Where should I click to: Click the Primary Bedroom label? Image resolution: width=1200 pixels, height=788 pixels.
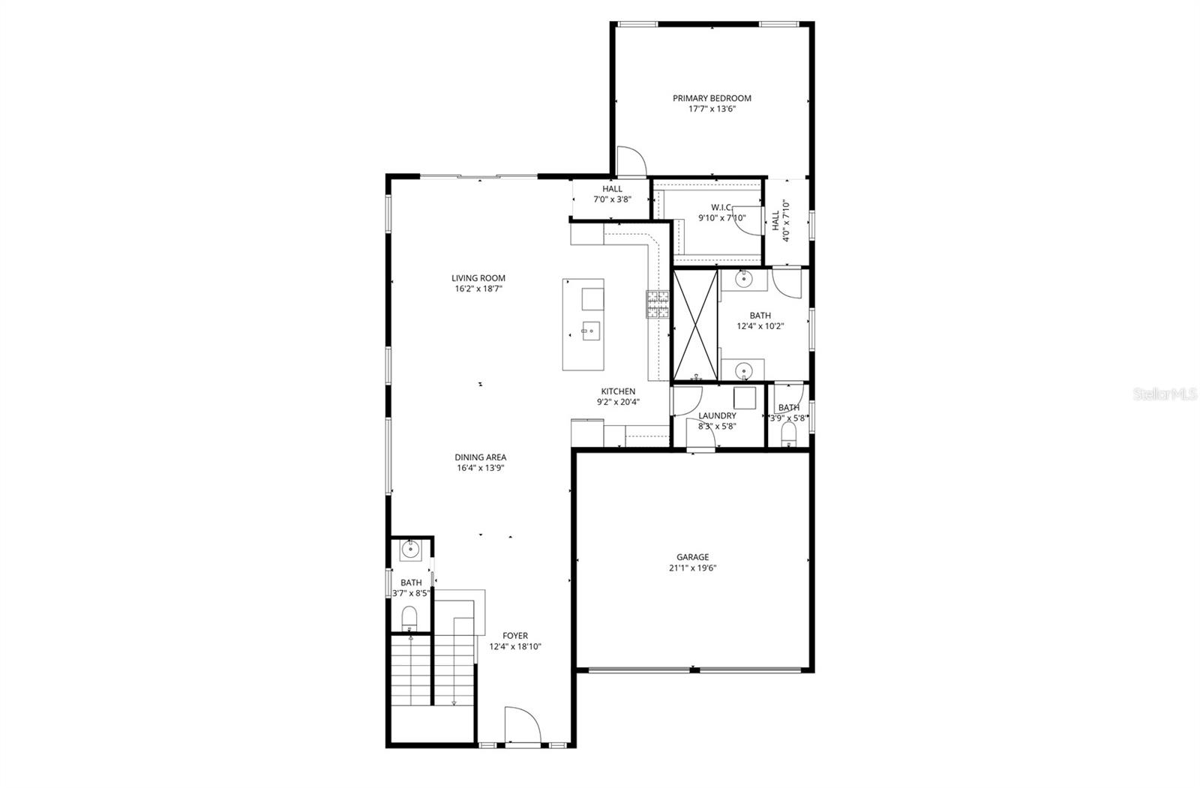[x=711, y=98]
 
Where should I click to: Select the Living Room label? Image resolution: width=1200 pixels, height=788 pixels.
[x=478, y=278]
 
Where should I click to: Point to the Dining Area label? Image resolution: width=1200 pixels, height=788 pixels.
[x=480, y=457]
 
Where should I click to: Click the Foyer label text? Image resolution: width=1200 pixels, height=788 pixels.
[x=514, y=636]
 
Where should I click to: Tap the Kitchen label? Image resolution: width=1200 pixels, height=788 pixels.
[x=617, y=391]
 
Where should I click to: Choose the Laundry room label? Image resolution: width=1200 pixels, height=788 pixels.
[x=716, y=416]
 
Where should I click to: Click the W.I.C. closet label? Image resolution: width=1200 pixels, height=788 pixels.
[x=721, y=208]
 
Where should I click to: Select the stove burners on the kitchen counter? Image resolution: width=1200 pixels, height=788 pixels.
[x=658, y=305]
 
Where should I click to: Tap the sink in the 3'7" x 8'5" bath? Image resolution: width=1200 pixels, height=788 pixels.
[x=409, y=550]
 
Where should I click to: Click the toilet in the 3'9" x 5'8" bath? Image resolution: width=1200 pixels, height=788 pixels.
[x=788, y=435]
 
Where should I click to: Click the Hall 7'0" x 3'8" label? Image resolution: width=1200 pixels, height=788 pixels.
[x=611, y=194]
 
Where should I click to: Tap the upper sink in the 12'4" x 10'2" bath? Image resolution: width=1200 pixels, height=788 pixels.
[x=743, y=279]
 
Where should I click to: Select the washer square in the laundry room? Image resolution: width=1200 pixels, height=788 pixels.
[x=744, y=397]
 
